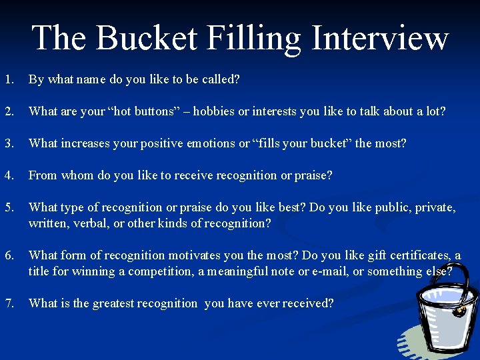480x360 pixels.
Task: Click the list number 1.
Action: tap(8, 79)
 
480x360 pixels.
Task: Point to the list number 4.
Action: tap(8, 175)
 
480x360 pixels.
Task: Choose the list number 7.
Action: tap(8, 303)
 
